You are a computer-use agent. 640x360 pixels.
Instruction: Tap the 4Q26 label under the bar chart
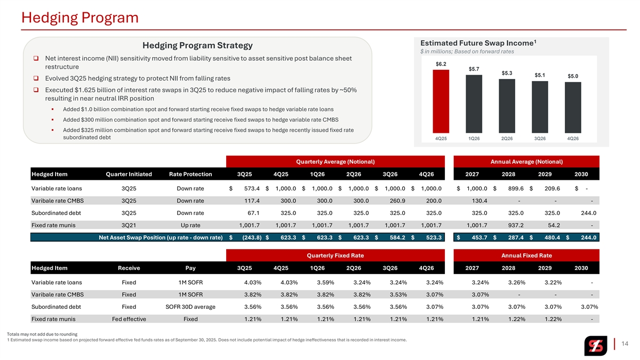(573, 138)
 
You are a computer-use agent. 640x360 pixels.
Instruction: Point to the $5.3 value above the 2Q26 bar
(507, 73)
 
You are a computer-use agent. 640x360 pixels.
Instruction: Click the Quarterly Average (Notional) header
(335, 162)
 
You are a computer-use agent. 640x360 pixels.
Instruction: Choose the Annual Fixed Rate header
(526, 255)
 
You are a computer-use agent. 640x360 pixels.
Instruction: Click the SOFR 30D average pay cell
(190, 307)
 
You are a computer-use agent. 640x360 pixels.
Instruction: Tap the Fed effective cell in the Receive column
(129, 319)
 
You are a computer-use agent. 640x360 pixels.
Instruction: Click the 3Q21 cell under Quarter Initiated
(129, 225)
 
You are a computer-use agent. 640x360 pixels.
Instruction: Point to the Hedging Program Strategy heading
(197, 45)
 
